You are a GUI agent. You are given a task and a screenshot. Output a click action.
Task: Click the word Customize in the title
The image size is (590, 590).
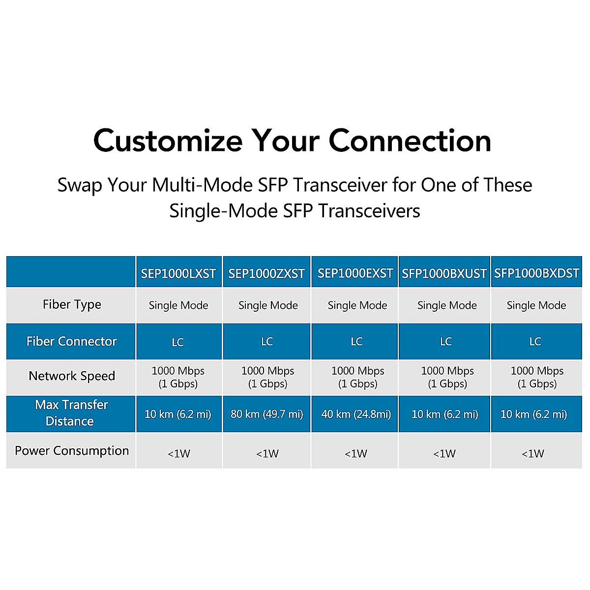168,141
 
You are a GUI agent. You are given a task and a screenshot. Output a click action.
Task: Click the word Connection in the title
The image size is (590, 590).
410,141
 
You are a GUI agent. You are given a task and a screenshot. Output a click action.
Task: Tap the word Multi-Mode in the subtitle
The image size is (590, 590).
203,185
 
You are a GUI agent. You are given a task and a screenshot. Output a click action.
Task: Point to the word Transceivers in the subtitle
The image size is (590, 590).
370,211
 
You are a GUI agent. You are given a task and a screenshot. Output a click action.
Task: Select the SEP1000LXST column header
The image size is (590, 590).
178,273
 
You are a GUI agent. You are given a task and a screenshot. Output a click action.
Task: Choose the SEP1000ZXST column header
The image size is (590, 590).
266,273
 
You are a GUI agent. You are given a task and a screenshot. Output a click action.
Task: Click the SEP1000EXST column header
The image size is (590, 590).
355,273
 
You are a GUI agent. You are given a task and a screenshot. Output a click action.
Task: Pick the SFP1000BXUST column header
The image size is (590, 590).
444,273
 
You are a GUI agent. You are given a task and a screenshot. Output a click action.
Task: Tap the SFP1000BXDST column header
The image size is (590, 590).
537,273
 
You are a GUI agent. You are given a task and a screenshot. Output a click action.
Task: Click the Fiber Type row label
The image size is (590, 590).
72,305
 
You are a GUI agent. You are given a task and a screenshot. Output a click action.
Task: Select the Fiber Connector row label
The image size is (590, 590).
72,341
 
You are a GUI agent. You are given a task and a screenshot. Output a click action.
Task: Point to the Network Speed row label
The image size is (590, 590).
72,376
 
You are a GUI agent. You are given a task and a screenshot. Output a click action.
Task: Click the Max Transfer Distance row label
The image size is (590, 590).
71,413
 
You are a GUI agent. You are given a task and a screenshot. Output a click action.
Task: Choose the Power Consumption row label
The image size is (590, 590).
72,451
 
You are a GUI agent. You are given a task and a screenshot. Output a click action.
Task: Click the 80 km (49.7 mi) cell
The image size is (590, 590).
266,414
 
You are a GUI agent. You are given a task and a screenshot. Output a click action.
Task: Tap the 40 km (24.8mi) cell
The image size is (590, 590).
356,414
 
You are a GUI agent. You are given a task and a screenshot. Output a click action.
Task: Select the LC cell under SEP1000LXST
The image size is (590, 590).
178,342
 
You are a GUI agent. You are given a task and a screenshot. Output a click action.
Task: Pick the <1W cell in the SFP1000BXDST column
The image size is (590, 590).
533,453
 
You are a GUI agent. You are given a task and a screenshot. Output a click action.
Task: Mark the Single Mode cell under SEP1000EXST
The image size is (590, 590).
357,305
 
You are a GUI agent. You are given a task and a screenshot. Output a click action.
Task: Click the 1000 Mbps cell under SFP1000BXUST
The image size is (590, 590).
447,377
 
